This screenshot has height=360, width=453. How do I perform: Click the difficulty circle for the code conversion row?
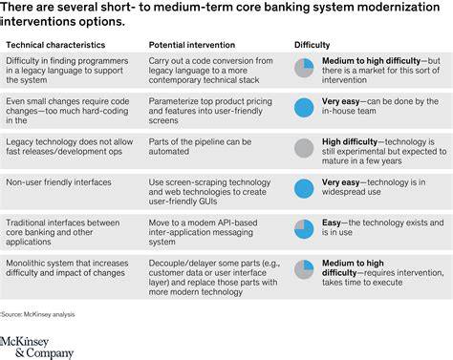(x=304, y=69)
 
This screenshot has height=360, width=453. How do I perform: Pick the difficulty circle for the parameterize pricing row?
(x=304, y=108)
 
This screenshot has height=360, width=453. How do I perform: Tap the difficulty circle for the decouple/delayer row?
(x=304, y=268)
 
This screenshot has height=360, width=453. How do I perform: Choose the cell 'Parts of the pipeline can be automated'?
(x=195, y=146)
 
